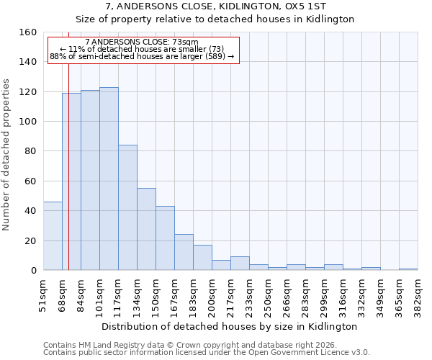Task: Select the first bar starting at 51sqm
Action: click(x=53, y=236)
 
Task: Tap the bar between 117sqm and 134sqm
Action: click(x=127, y=207)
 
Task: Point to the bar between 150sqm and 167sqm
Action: click(x=165, y=238)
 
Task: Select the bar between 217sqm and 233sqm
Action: click(x=240, y=264)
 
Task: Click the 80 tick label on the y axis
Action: click(x=31, y=152)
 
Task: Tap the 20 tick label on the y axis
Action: click(x=31, y=241)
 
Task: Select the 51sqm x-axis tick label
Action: click(x=43, y=294)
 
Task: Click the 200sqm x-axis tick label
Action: click(x=212, y=294)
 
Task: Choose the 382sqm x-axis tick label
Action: click(x=418, y=294)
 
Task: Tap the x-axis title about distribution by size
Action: click(x=230, y=326)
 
